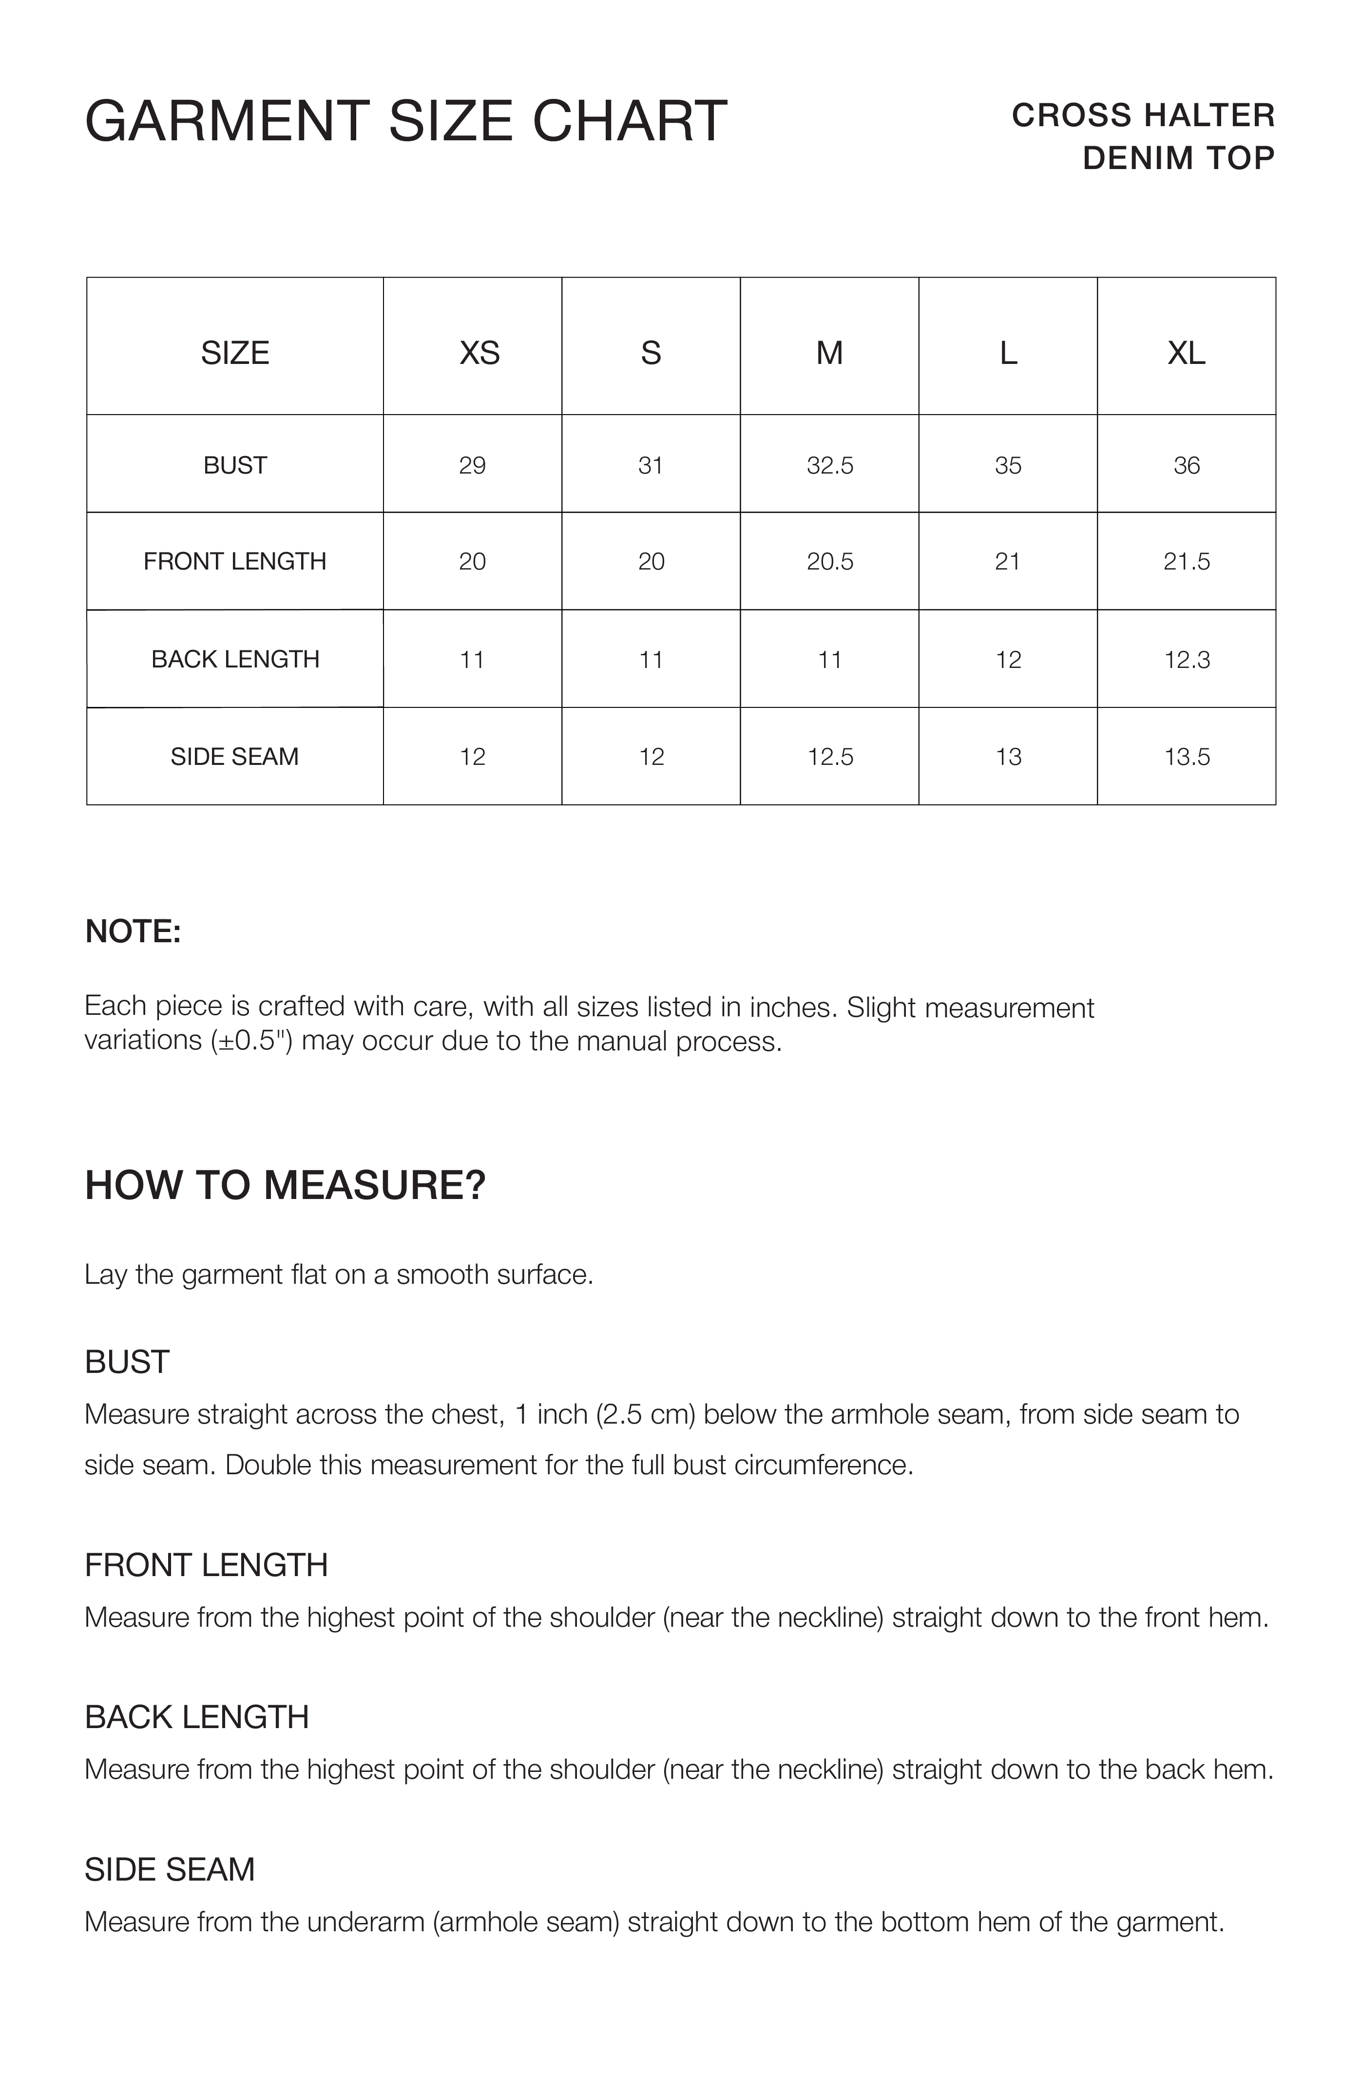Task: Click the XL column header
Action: coord(1186,353)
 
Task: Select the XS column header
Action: coord(479,353)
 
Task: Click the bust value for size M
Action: coord(829,465)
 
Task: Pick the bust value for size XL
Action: coord(1186,465)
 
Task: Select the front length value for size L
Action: coord(1007,561)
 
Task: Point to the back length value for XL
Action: coord(1186,660)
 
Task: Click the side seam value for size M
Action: coord(829,757)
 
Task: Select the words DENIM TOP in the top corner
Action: coord(1178,158)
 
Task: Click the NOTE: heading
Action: coord(133,932)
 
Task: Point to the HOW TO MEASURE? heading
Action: coord(285,1185)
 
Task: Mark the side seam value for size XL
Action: coord(1186,757)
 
